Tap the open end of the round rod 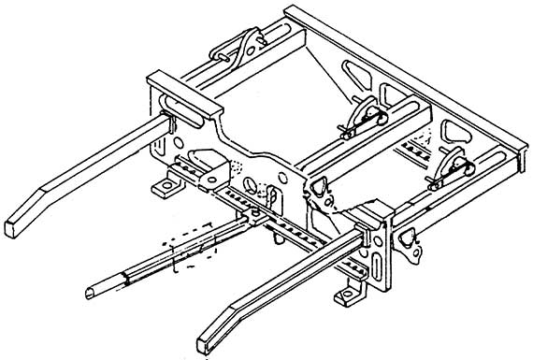[92, 291]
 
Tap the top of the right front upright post [372, 218]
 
